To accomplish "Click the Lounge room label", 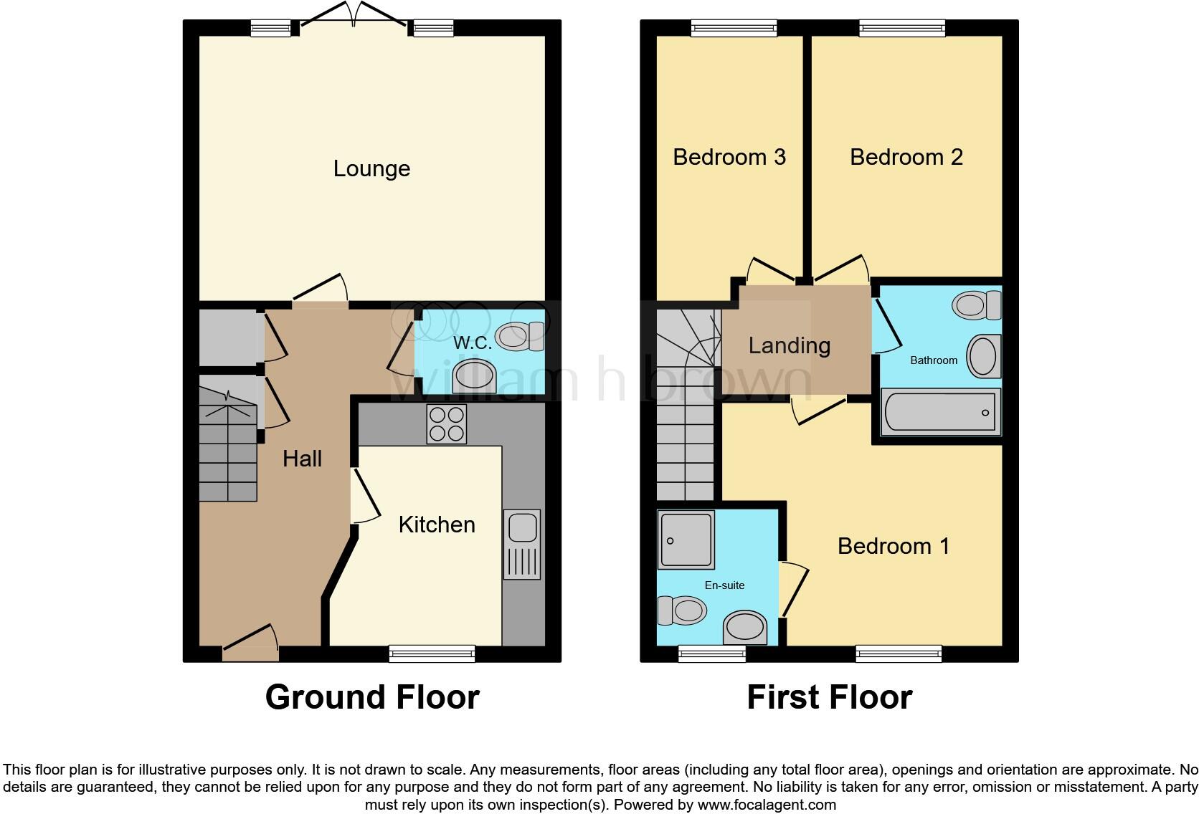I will coord(371,168).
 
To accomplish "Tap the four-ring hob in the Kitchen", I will coord(446,423).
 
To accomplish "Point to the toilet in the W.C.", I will coord(521,336).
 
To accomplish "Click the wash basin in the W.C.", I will coord(475,377).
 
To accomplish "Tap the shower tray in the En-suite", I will coord(686,540).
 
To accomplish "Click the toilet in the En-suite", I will coord(682,611).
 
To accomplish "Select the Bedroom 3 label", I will coord(729,157).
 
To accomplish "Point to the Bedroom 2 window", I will coord(902,28).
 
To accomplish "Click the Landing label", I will coord(789,345).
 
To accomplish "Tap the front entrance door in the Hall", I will coord(250,648).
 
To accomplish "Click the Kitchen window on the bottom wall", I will coord(432,653).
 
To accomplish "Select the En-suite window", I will coord(711,653).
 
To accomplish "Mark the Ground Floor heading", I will coord(371,697).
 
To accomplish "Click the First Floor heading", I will coord(829,697).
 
